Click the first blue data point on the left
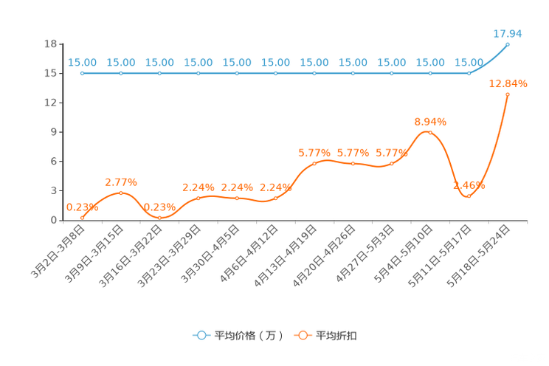coord(82,73)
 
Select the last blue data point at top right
coord(508,44)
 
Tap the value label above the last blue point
coord(508,33)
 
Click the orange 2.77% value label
coord(121,182)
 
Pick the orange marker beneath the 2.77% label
coord(121,193)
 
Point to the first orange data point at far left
coord(82,217)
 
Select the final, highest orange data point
coord(508,94)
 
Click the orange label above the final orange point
coord(508,83)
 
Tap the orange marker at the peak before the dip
coord(430,132)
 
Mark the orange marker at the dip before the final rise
coord(469,196)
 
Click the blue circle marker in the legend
coord(201,335)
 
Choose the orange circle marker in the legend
coord(302,335)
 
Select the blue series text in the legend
coord(249,336)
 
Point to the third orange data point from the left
coord(159,217)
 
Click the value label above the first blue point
coord(82,63)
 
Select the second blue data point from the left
coord(121,73)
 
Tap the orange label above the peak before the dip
coord(430,121)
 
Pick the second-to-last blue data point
coord(469,73)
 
